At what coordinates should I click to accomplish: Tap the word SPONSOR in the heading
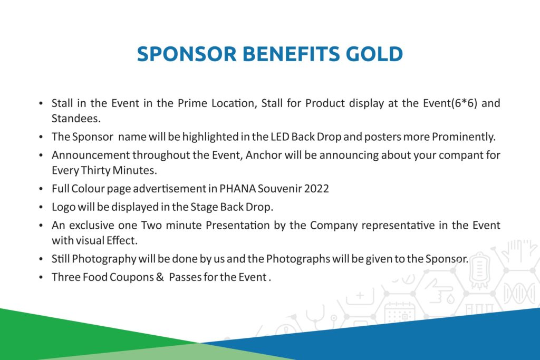click(x=187, y=54)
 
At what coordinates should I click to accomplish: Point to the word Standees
click(x=76, y=119)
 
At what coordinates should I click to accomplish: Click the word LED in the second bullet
click(x=279, y=137)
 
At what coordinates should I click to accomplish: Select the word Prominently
click(x=464, y=137)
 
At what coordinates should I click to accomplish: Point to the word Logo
click(x=63, y=207)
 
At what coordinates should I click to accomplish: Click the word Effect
click(x=122, y=240)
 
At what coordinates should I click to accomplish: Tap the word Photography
click(x=104, y=259)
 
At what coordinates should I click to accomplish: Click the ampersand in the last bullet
click(x=160, y=277)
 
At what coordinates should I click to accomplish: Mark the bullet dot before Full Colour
click(x=41, y=189)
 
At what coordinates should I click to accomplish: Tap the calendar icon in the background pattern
click(x=400, y=313)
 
